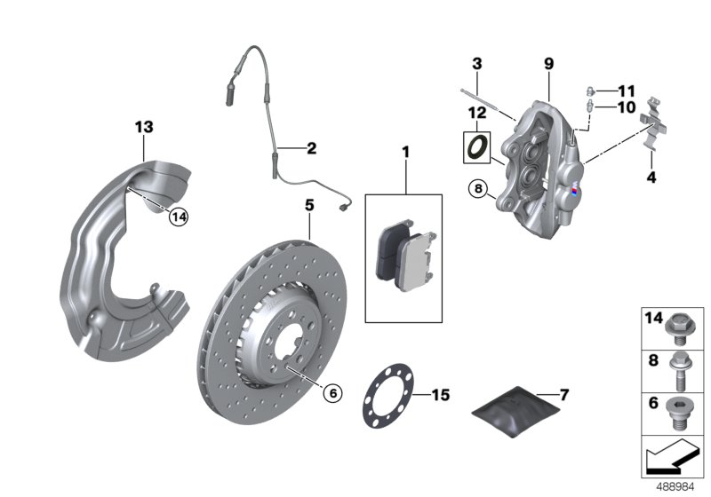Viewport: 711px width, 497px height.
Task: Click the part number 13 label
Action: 144,127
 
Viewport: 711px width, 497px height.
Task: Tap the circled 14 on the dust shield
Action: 180,216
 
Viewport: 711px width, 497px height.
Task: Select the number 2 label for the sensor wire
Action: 311,148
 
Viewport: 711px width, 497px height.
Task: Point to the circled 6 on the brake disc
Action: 332,392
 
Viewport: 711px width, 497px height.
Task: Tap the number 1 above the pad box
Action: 405,153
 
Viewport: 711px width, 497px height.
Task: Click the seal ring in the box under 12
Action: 476,146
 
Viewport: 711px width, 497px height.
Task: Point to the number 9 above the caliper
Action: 548,63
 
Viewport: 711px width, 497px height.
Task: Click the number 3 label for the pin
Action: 476,64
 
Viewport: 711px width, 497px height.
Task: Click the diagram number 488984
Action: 681,486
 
